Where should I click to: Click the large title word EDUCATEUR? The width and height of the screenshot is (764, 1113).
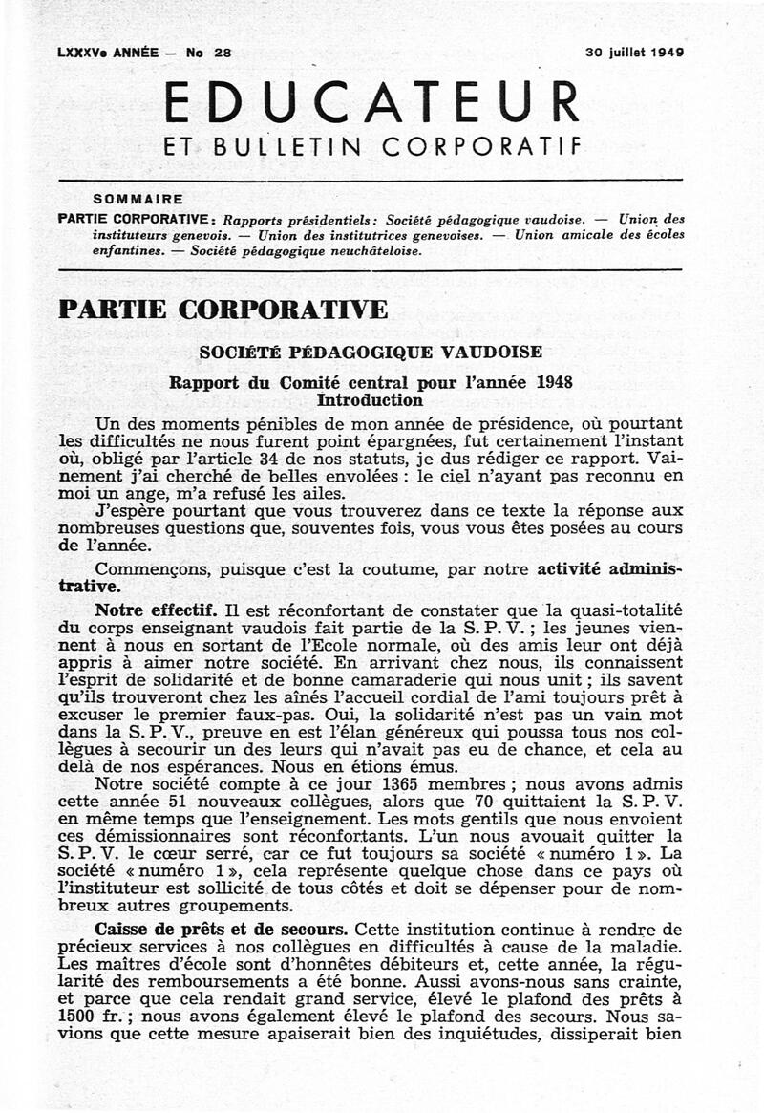tap(372, 102)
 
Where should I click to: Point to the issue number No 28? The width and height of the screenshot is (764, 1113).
tap(209, 54)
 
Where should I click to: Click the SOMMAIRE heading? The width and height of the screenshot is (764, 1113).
tap(138, 200)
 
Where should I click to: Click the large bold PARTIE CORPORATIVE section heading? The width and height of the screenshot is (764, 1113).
tap(223, 310)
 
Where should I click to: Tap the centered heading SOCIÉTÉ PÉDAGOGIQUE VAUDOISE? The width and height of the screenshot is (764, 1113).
tap(371, 353)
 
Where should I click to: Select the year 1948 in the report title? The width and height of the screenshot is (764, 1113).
tap(555, 383)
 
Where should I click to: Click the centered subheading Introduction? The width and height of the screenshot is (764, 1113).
tap(370, 400)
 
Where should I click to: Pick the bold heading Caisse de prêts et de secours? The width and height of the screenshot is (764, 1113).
tap(221, 929)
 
